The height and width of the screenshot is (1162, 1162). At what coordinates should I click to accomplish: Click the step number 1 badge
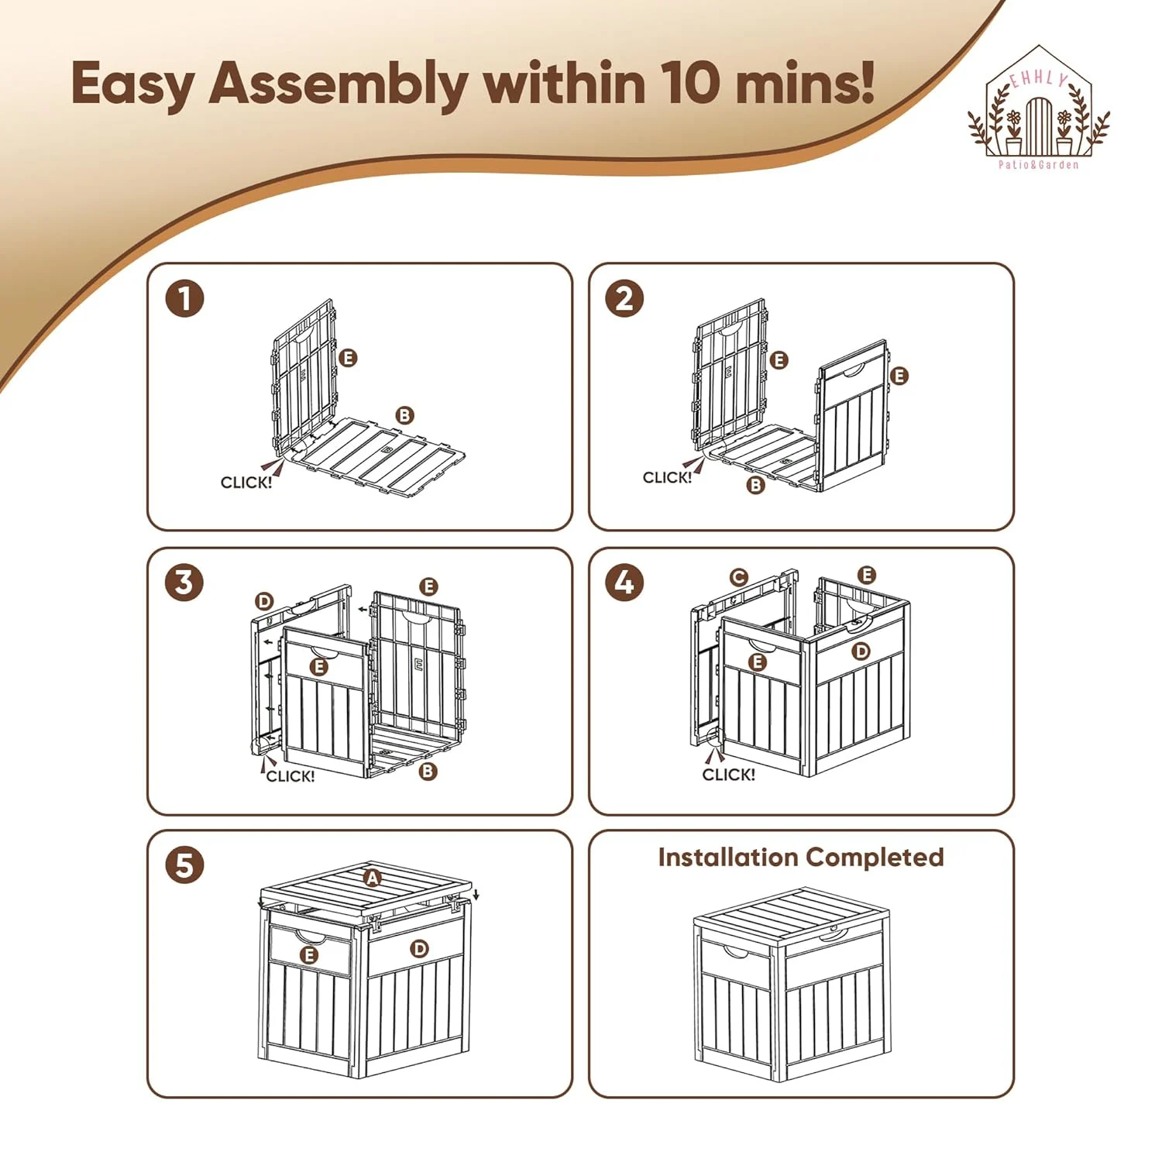pos(184,298)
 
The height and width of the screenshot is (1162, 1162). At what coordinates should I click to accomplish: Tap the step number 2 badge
pos(624,298)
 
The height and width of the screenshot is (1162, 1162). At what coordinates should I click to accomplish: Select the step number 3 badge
pos(184,583)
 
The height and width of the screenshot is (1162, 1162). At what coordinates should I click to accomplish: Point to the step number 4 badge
pos(624,583)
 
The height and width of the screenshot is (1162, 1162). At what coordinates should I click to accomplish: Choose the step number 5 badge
pos(184,865)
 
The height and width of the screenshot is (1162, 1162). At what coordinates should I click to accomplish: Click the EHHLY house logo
pos(1038,108)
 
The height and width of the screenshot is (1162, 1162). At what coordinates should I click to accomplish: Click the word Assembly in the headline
pos(338,84)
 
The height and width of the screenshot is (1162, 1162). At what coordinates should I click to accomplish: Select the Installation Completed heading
pos(801,858)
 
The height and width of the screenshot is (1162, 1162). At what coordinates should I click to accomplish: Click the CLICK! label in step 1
pos(246,483)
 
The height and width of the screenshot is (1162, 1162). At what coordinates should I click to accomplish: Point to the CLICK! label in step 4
pos(728,775)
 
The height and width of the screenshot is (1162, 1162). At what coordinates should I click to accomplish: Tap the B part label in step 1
pos(404,416)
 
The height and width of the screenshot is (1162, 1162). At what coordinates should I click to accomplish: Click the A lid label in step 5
pos(373,878)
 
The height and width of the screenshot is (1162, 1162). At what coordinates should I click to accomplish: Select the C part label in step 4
pos(739,577)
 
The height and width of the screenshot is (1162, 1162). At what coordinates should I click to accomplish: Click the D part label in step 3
pos(264,602)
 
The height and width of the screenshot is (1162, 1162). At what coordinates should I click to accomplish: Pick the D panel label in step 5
pos(419,949)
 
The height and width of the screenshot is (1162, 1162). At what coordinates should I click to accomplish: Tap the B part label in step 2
pos(755,486)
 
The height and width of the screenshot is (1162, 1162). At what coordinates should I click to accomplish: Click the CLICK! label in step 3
pos(290,776)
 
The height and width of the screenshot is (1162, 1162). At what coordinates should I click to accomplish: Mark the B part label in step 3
pos(428,772)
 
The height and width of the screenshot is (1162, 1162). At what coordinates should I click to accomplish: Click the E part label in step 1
pos(348,358)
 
